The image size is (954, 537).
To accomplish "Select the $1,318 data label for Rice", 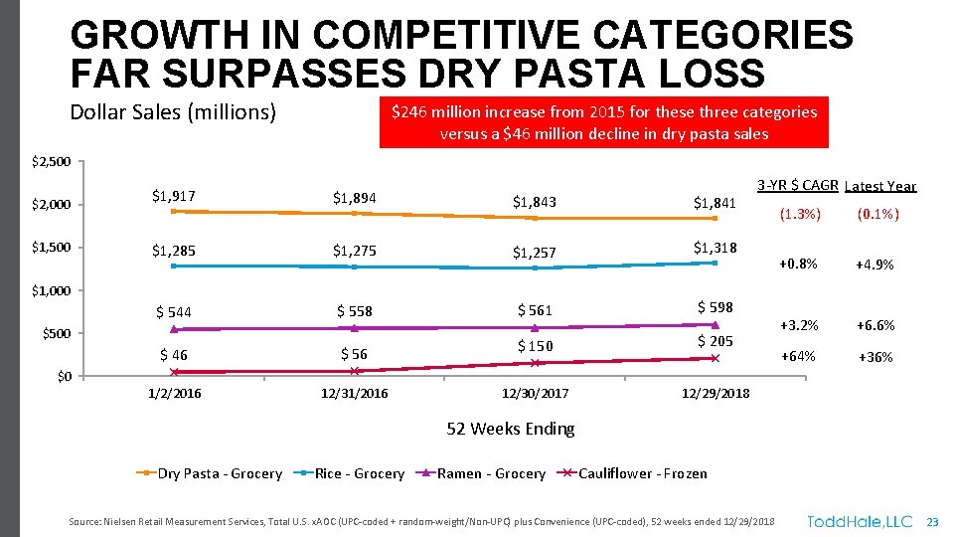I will pos(715,248).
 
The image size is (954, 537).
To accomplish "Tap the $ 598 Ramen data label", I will pos(715,307).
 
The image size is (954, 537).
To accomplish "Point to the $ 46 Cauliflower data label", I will pos(173,355).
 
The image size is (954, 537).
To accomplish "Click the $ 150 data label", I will pos(535,346).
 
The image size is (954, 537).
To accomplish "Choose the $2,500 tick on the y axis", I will pos(51,161).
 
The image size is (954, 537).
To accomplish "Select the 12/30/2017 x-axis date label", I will pos(535,394).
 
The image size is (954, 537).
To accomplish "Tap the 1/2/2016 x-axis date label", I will pos(174,394).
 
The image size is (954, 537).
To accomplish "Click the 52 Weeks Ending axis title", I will pos(510,429).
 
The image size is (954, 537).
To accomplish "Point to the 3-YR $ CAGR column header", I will pos(798,185).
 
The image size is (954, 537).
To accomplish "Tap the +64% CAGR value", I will pos(798,356).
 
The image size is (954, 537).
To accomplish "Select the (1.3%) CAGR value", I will pos(800,213).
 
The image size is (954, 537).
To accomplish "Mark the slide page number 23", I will pos(932,521).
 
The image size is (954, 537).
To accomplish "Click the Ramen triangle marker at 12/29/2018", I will pos(715,324).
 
